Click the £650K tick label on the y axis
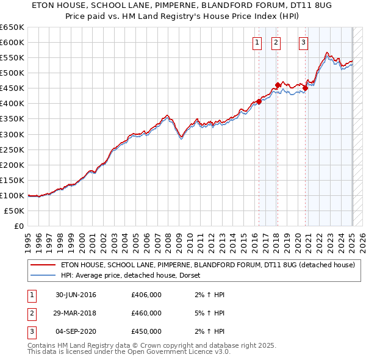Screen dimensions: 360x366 pyautogui.click(x=12, y=27)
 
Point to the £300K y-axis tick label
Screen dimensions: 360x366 pyautogui.click(x=12, y=134)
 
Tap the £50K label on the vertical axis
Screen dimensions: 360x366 pyautogui.click(x=15, y=211)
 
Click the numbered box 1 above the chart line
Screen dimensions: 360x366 pyautogui.click(x=257, y=43)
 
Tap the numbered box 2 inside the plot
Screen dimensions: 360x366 pyautogui.click(x=276, y=43)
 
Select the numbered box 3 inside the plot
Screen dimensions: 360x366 pyautogui.click(x=303, y=43)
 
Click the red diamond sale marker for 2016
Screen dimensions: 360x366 pyautogui.click(x=259, y=102)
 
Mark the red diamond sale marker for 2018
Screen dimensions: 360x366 pyautogui.click(x=278, y=85)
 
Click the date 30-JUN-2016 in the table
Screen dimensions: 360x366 pyautogui.click(x=76, y=295)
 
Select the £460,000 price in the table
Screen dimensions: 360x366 pyautogui.click(x=146, y=313)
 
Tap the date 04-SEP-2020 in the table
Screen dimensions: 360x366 pyautogui.click(x=76, y=331)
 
